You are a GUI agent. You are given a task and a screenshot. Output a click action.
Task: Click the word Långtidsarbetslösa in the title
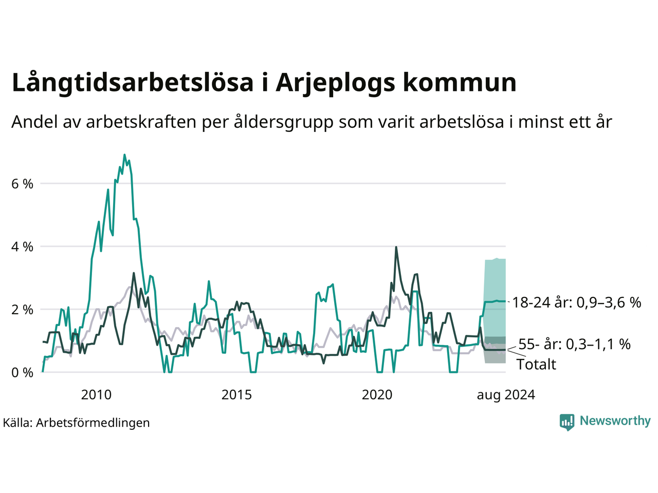click(133, 83)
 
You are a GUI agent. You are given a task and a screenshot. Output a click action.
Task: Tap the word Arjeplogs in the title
click(336, 83)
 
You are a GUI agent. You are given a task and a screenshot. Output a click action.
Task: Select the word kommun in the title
click(460, 82)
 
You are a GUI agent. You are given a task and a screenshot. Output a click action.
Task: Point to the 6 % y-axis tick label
click(22, 184)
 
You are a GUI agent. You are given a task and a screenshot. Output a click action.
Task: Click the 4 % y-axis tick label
click(22, 247)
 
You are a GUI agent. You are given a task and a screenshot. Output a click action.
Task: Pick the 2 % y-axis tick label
click(22, 310)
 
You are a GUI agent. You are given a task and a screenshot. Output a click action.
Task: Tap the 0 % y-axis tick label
click(22, 373)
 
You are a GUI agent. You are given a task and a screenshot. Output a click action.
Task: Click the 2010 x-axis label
click(96, 395)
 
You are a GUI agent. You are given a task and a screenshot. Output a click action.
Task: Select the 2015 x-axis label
click(236, 395)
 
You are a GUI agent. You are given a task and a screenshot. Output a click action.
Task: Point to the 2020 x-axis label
click(377, 395)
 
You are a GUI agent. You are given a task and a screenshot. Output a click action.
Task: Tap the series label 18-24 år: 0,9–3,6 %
click(577, 302)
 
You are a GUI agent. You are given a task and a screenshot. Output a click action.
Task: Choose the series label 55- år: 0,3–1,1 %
click(575, 344)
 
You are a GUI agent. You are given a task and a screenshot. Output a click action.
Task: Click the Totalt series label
click(536, 365)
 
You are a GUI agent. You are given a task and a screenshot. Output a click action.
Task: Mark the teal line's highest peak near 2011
click(124, 155)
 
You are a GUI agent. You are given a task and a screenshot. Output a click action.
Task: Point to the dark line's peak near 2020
click(396, 247)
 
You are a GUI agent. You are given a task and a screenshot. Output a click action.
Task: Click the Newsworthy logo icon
click(567, 422)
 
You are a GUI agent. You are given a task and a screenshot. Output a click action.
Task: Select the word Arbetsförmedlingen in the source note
click(93, 423)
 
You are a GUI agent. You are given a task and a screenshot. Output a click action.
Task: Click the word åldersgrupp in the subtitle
click(284, 122)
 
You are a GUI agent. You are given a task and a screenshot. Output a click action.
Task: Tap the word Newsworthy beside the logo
click(615, 421)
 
